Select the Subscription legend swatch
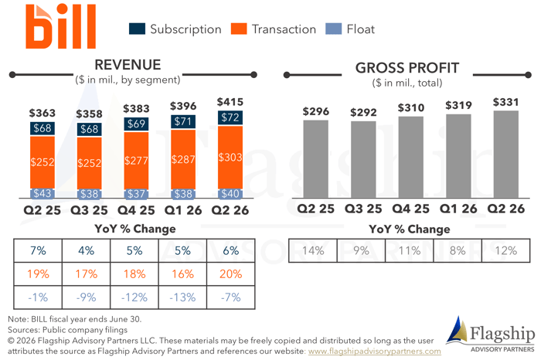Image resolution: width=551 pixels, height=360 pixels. click(137, 29)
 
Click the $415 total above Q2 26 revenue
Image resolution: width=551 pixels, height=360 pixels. click(230, 102)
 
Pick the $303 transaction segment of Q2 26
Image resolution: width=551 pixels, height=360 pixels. click(230, 157)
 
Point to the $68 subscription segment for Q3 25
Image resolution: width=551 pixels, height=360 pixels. click(89, 129)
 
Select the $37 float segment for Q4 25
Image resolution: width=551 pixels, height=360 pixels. click(136, 194)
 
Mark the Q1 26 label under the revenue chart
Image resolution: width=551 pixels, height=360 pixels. click(183, 209)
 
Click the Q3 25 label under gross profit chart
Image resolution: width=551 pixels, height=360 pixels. click(362, 209)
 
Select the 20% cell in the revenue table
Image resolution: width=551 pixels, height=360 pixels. click(230, 273)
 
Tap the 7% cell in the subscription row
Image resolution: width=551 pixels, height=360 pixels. click(38, 250)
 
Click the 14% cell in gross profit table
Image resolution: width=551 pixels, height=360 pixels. click(312, 250)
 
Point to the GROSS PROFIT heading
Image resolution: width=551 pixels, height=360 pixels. click(407, 67)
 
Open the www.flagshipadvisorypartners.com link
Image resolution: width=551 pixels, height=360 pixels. click(374, 351)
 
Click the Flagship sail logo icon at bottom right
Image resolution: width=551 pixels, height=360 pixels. click(457, 331)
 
